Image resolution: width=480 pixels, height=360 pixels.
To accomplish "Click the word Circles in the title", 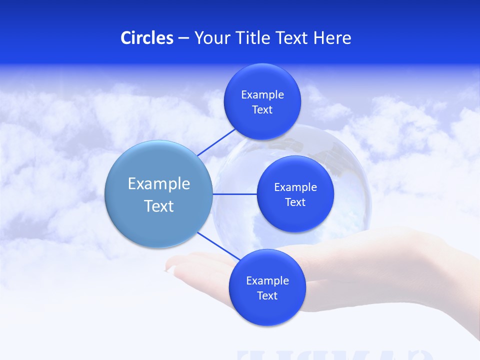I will [146, 38].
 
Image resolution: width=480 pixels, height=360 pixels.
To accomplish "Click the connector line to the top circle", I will [216, 142].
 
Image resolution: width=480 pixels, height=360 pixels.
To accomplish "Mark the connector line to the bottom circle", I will [218, 246].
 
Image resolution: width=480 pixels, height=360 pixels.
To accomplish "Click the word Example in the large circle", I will [159, 184].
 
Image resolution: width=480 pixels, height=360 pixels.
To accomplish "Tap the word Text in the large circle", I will [159, 206].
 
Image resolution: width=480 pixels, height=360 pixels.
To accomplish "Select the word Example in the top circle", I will [262, 95].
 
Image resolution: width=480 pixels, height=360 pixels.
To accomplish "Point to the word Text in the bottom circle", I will [267, 295].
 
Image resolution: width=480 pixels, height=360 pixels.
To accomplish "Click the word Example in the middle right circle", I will [295, 187].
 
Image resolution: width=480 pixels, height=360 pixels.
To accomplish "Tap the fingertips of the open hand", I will [172, 265].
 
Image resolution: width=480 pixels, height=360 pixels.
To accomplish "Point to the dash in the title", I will [183, 38].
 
